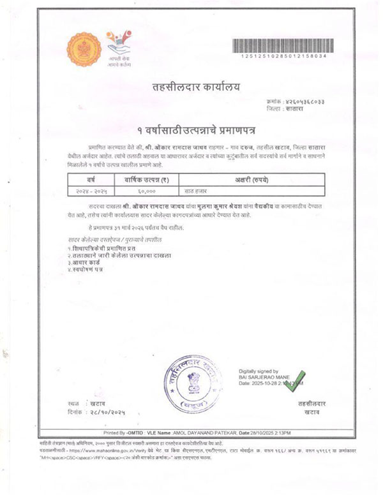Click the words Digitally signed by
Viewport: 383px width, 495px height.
tap(258, 371)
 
